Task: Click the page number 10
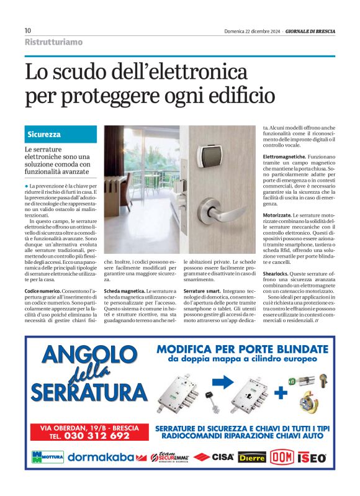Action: pyautogui.click(x=28, y=31)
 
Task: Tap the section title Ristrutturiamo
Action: pyautogui.click(x=53, y=42)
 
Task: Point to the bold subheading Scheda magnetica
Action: pyautogui.click(x=124, y=291)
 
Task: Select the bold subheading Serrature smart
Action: pyautogui.click(x=203, y=291)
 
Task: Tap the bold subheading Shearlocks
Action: pyautogui.click(x=276, y=274)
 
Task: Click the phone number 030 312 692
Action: pyautogui.click(x=90, y=436)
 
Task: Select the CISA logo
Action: pyautogui.click(x=214, y=458)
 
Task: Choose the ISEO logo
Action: pyautogui.click(x=312, y=458)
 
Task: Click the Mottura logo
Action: pyautogui.click(x=47, y=458)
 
